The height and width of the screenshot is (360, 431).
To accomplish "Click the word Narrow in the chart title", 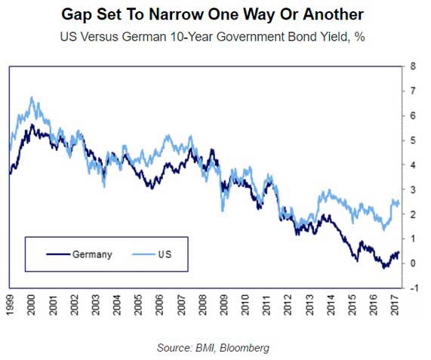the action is point(177,14).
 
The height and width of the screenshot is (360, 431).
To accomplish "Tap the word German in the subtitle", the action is point(144,36).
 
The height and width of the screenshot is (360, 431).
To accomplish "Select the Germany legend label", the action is point(92,255).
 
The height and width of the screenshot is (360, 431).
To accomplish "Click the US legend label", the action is point(165,254).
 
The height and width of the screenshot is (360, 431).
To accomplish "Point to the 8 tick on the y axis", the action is point(413,66).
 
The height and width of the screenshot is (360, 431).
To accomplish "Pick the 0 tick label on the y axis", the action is point(413,263).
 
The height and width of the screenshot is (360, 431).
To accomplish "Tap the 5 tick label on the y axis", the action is point(413,140).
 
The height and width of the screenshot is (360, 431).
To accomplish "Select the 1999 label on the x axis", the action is point(9,305).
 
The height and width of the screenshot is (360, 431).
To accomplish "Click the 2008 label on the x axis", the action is point(202,305).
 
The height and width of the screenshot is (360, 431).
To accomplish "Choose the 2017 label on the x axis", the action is point(395,305).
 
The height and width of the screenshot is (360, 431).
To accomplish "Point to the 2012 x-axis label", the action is point(288,305).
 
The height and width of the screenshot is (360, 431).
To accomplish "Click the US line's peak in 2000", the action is point(32,97).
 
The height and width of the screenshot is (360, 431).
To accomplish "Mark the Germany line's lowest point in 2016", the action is point(383,268).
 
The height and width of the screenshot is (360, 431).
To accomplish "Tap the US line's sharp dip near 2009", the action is point(223,211).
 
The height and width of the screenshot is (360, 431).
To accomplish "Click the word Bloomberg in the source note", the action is point(245,348).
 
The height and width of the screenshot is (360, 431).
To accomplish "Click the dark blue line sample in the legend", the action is point(58,254).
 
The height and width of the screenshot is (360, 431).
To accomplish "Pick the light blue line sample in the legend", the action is point(143,254).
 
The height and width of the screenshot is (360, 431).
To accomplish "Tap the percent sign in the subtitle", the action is point(360,36).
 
